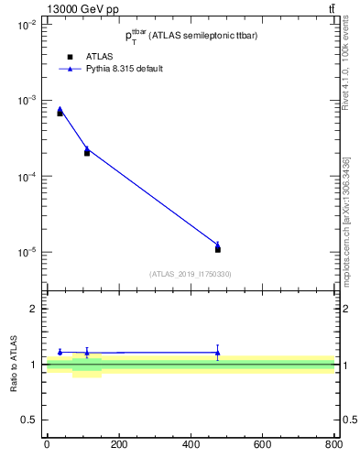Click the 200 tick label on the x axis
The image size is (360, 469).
[x=119, y=445]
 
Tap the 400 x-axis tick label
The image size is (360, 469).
[x=191, y=445]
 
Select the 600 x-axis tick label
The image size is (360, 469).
[x=262, y=445]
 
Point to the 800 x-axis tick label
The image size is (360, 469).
[x=333, y=445]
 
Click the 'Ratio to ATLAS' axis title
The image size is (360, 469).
[x=14, y=365]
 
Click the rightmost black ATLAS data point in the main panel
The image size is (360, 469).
[x=217, y=249]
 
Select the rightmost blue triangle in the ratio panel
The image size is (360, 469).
[x=217, y=352]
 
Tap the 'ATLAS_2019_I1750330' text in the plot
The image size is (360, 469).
[x=190, y=274]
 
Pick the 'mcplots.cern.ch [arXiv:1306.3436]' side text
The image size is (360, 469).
[x=345, y=219]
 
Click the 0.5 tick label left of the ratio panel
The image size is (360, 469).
[x=29, y=420]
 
